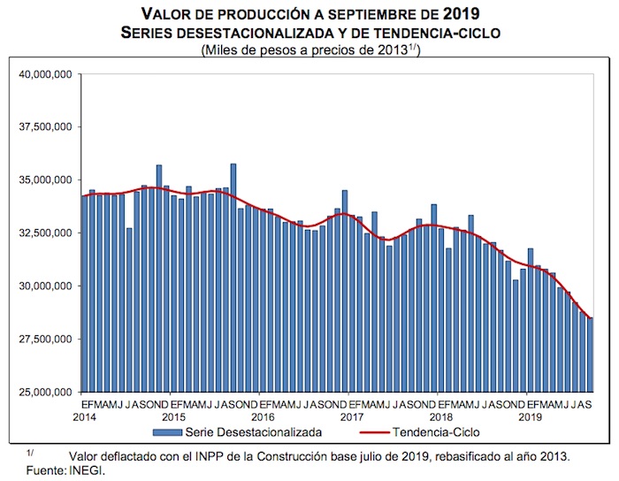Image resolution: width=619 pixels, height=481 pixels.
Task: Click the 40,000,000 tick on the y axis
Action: pyautogui.click(x=45, y=74)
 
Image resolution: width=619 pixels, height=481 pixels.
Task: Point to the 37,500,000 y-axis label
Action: pyautogui.click(x=45, y=127)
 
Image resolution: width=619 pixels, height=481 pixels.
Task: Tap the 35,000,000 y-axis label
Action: pyautogui.click(x=45, y=180)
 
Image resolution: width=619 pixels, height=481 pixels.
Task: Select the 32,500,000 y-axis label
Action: pyautogui.click(x=45, y=233)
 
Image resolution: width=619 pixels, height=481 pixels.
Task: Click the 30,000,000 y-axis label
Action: pyautogui.click(x=45, y=286)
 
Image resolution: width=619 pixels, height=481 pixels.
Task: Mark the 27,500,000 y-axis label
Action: pyautogui.click(x=45, y=340)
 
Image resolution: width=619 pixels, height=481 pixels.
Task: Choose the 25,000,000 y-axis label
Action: pyautogui.click(x=45, y=393)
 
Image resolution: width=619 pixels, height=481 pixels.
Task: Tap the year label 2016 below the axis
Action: pyautogui.click(x=262, y=416)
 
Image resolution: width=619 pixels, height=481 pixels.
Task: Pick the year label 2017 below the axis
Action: pyautogui.click(x=351, y=416)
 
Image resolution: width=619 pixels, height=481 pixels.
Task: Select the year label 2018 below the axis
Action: pyautogui.click(x=440, y=416)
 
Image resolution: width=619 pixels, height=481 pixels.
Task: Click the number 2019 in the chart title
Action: pyautogui.click(x=461, y=14)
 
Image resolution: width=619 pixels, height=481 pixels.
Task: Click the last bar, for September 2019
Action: pyautogui.click(x=590, y=355)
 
